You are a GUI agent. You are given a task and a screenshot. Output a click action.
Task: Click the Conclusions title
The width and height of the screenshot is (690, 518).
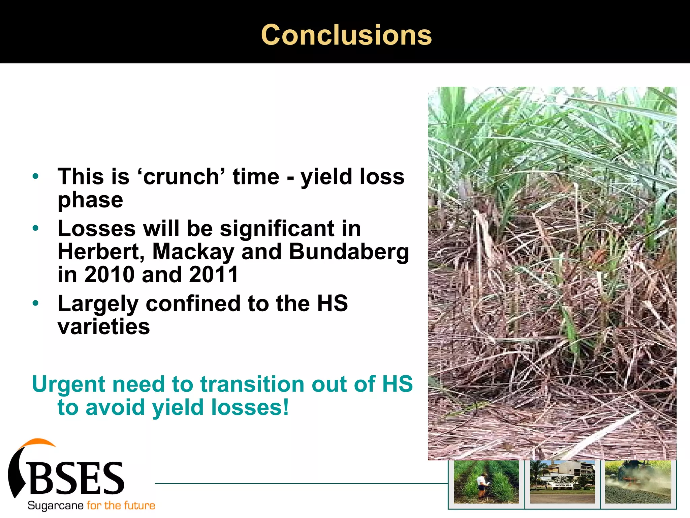click(346, 35)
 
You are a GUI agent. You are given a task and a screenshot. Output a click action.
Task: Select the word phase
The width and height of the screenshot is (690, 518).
click(90, 200)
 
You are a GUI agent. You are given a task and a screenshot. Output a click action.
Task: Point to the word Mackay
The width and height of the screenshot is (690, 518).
click(193, 252)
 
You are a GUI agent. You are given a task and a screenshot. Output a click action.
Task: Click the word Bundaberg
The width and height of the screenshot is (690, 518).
click(349, 252)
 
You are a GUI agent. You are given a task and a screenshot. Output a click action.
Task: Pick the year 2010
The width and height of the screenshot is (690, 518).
click(109, 274)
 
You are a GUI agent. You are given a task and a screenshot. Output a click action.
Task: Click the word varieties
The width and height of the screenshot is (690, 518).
click(104, 326)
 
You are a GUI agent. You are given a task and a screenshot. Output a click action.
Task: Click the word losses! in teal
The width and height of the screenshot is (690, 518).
click(250, 407)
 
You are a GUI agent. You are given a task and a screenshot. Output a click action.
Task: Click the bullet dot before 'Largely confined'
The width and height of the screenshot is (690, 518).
click(36, 303)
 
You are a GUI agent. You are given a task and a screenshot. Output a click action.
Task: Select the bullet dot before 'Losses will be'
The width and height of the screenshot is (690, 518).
click(36, 228)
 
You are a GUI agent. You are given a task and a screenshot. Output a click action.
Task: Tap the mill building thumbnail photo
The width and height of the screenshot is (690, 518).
click(562, 482)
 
